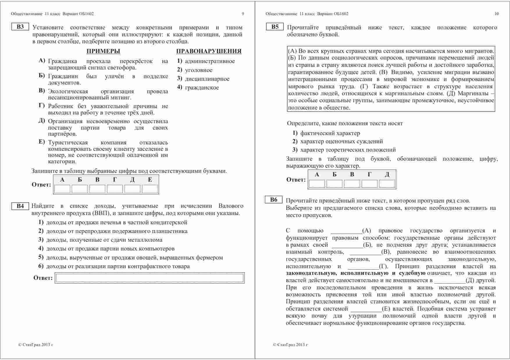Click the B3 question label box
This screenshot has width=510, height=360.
20,27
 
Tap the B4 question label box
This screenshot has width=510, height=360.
20,206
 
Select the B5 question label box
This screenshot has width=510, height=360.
275,27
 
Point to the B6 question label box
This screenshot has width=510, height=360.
274,200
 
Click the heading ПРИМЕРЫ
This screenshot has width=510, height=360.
103,51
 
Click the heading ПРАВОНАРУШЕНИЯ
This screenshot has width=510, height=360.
209,51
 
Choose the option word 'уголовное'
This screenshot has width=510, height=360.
199,70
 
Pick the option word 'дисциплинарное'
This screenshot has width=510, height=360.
207,79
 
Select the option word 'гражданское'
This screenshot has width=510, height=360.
202,88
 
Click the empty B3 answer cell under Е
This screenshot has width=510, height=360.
150,189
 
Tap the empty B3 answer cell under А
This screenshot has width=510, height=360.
62,189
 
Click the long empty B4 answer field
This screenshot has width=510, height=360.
149,278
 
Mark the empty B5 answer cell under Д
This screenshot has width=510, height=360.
387,184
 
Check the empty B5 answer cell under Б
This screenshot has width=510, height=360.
334,184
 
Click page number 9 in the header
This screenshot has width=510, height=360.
243,14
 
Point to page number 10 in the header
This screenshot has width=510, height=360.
496,14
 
